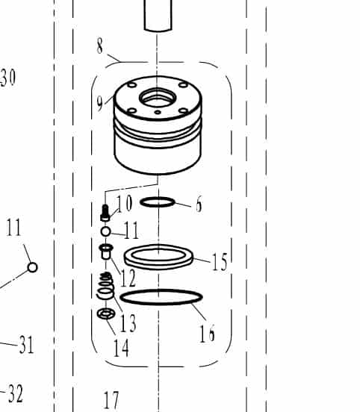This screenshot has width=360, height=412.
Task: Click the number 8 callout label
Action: (99, 46)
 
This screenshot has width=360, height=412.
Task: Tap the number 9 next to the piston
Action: (99, 103)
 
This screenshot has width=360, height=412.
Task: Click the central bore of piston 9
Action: (158, 98)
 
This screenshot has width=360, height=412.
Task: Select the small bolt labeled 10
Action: (105, 213)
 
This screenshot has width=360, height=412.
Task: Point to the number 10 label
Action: (124, 203)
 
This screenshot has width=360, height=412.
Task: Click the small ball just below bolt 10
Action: (106, 231)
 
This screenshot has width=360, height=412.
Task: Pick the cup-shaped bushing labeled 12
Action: (106, 252)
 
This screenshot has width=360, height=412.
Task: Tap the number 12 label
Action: (128, 278)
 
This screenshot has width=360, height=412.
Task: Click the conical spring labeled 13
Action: (106, 286)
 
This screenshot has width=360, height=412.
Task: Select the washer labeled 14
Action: (106, 313)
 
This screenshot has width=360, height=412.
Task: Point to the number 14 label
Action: (121, 347)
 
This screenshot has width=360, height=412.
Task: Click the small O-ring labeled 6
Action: (158, 202)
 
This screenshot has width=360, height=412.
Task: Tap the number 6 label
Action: (199, 204)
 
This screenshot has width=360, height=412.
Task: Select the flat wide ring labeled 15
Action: (158, 257)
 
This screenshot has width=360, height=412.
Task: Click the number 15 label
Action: (220, 262)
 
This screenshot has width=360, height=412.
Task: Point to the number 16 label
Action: (207, 333)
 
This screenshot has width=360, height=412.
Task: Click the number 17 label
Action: (111, 401)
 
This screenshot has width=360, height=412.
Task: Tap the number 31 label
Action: (26, 345)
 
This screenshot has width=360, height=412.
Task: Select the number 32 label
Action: (16, 393)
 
